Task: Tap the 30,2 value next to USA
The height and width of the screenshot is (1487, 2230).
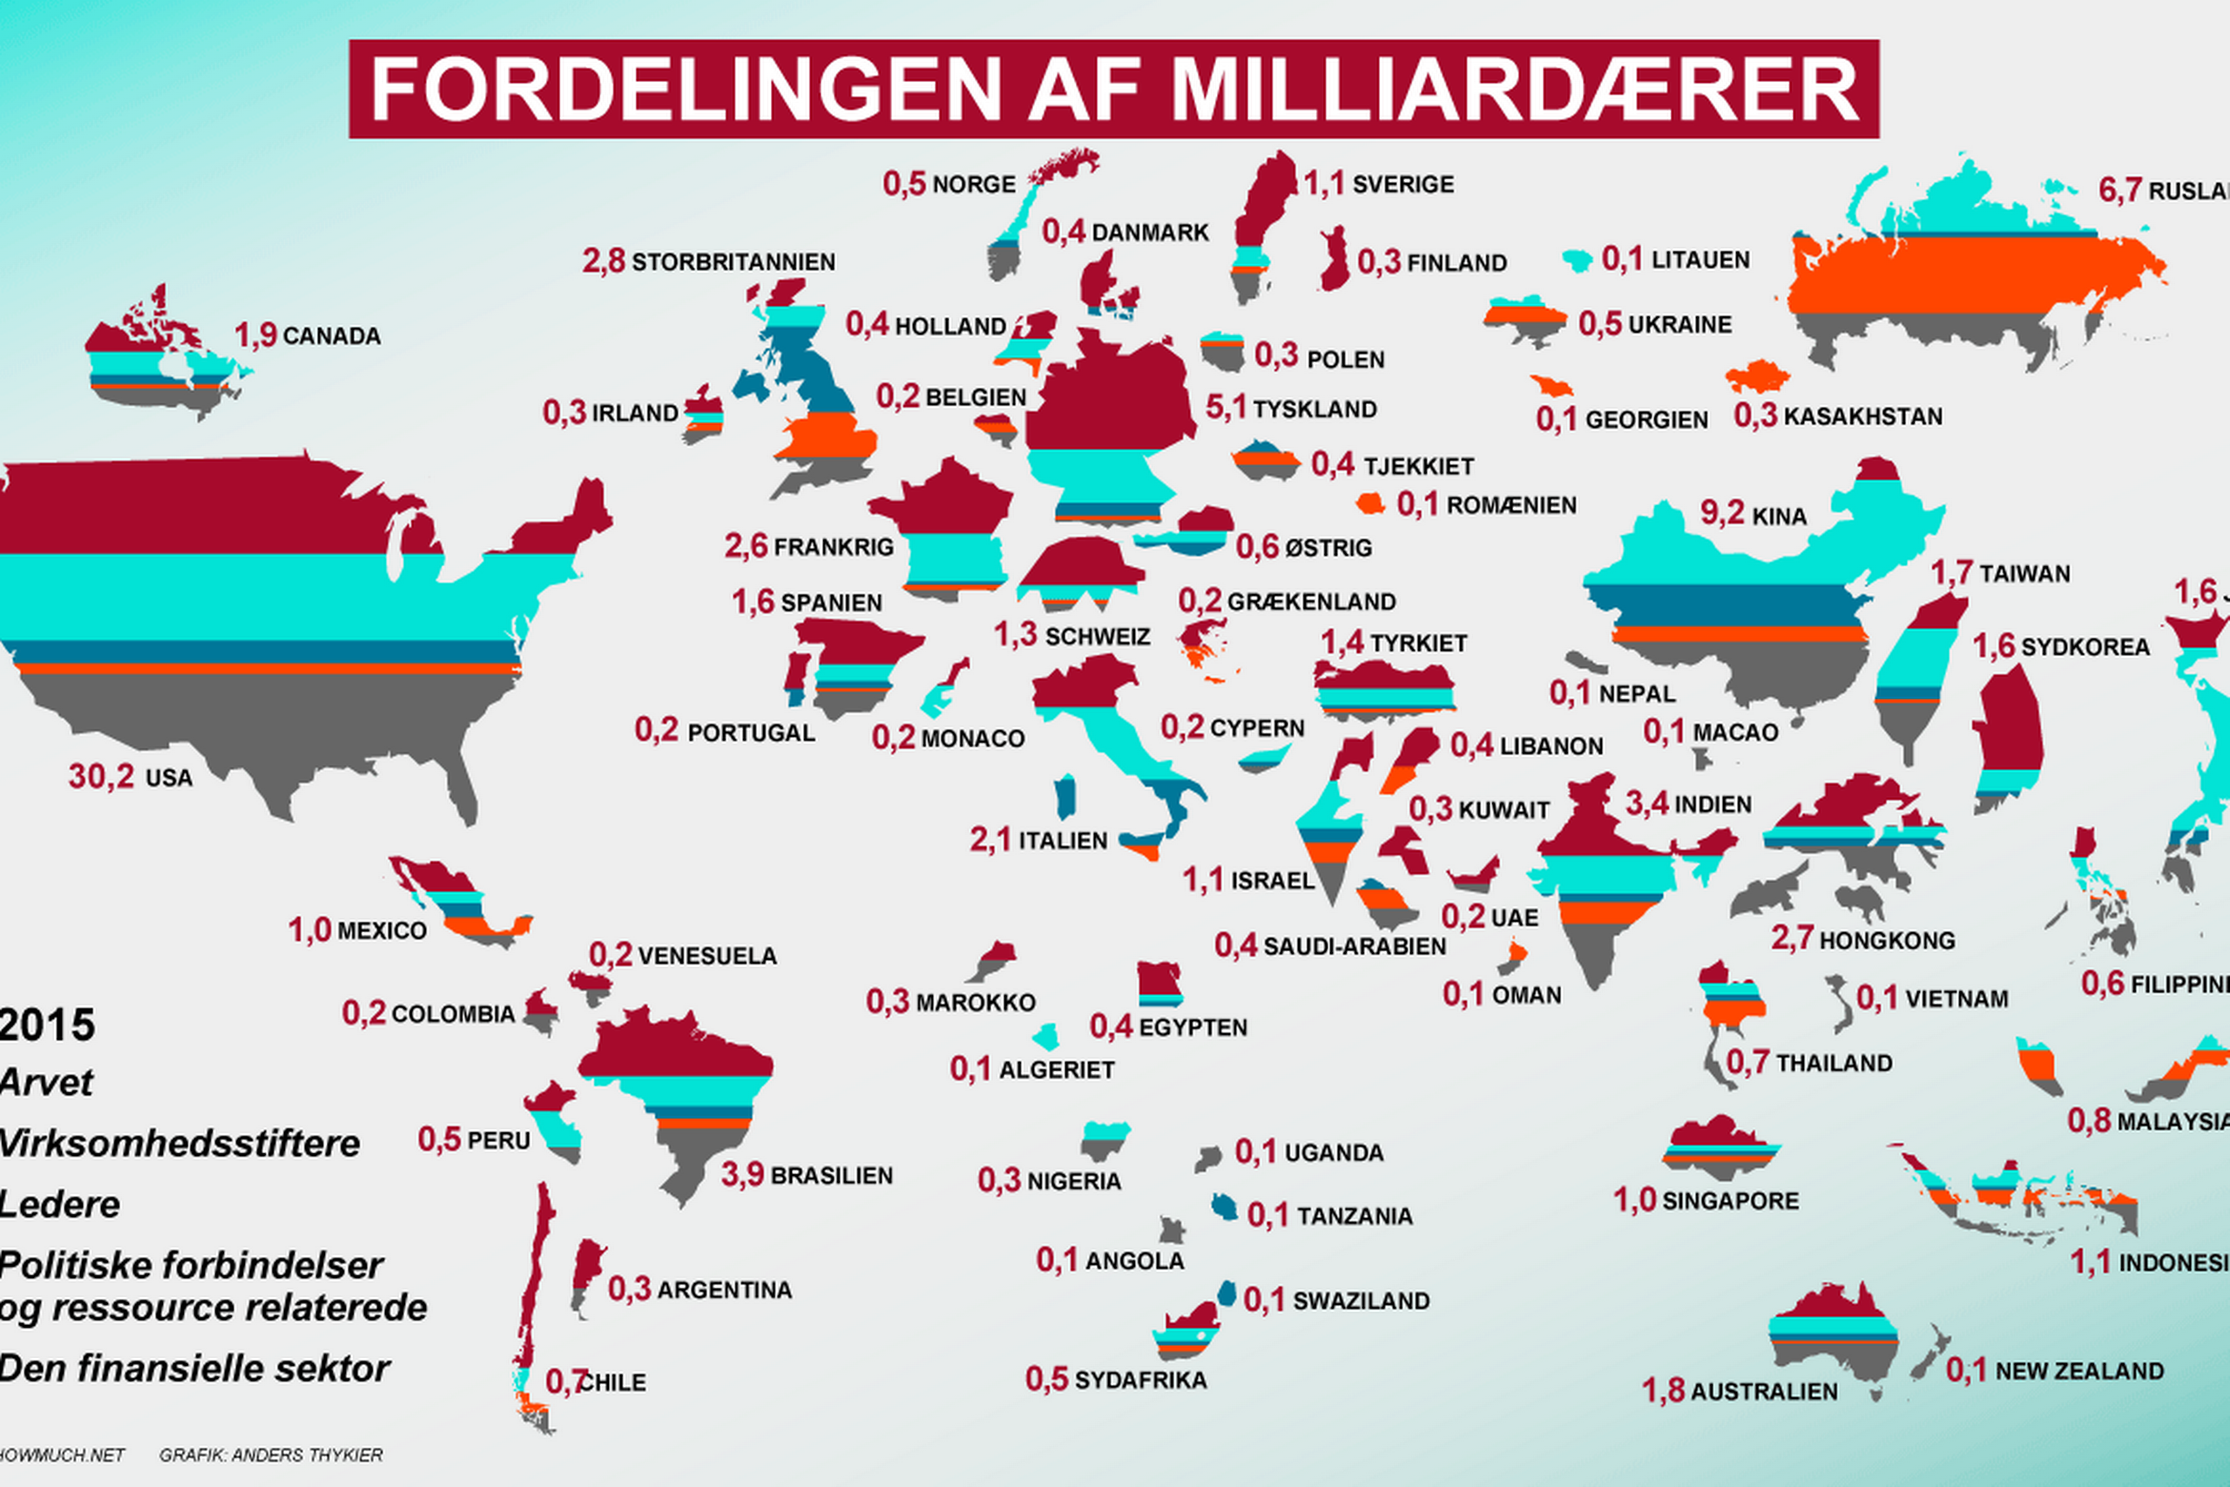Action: pyautogui.click(x=100, y=777)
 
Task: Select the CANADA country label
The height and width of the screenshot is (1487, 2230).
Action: pyautogui.click(x=332, y=336)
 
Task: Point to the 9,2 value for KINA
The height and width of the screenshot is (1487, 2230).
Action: pyautogui.click(x=1722, y=513)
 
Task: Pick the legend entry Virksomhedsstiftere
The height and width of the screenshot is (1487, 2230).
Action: pyautogui.click(x=179, y=1144)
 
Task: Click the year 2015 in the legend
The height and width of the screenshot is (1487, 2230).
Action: pyautogui.click(x=47, y=1025)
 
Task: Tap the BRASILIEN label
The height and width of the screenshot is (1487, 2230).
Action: pyautogui.click(x=832, y=1176)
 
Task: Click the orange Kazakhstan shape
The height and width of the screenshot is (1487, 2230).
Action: pyautogui.click(x=1757, y=376)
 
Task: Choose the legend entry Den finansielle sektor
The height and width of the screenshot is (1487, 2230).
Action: pyautogui.click(x=194, y=1369)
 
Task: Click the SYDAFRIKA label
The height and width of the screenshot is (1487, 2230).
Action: pyautogui.click(x=1140, y=1381)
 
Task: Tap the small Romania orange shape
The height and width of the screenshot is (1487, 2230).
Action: pyautogui.click(x=1370, y=504)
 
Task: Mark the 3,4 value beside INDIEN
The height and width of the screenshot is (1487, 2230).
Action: pyautogui.click(x=1647, y=804)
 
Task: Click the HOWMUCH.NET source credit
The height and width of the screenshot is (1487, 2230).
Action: pyautogui.click(x=61, y=1455)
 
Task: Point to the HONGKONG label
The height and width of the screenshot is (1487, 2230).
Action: pyautogui.click(x=1887, y=941)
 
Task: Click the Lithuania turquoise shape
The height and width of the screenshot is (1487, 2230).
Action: pyautogui.click(x=1577, y=260)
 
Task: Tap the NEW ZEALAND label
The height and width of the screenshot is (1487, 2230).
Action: pyautogui.click(x=2079, y=1371)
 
